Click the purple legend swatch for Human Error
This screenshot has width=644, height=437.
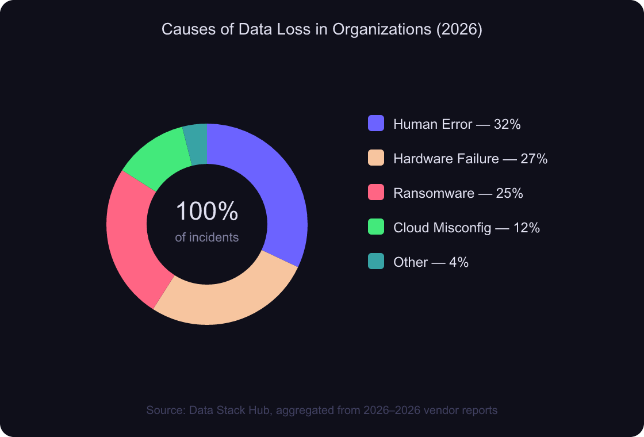(x=375, y=124)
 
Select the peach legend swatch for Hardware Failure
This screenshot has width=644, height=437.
(x=375, y=158)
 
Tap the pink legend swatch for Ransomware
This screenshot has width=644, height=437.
(x=375, y=193)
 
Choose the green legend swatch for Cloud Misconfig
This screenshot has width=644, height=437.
(x=375, y=227)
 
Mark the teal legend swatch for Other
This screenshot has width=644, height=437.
(x=375, y=262)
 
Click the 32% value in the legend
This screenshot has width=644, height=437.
(x=507, y=124)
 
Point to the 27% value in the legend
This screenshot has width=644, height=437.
(x=534, y=159)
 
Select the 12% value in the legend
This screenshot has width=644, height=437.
(x=526, y=228)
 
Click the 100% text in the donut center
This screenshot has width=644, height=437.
(x=207, y=212)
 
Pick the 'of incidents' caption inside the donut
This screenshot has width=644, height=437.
(x=207, y=237)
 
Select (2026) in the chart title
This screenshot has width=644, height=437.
(x=459, y=30)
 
